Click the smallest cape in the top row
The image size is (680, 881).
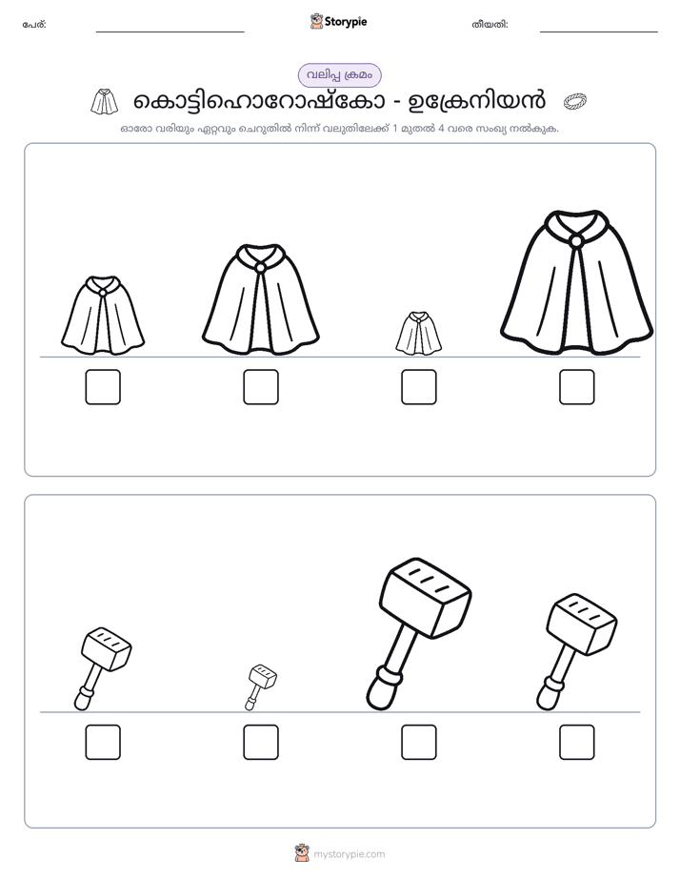pyautogui.click(x=418, y=333)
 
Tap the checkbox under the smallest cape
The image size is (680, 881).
pyautogui.click(x=418, y=387)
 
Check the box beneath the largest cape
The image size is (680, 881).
pyautogui.click(x=577, y=387)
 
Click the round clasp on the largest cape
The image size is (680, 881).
pyautogui.click(x=576, y=241)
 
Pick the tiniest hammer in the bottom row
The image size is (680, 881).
pyautogui.click(x=261, y=687)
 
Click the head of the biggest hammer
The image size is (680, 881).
pyautogui.click(x=426, y=590)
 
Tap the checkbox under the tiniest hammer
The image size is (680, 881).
pyautogui.click(x=261, y=742)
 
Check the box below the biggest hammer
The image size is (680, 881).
pyautogui.click(x=418, y=742)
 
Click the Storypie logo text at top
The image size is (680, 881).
pyautogui.click(x=346, y=22)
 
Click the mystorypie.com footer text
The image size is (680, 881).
pyautogui.click(x=349, y=854)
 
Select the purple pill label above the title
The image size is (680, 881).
pyautogui.click(x=339, y=75)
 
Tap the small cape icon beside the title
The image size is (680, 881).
pyautogui.click(x=105, y=101)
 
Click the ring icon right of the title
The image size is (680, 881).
pyautogui.click(x=575, y=101)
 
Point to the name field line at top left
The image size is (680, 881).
pyautogui.click(x=170, y=32)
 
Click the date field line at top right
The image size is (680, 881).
pyautogui.click(x=599, y=32)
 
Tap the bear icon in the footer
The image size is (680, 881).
pyautogui.click(x=302, y=853)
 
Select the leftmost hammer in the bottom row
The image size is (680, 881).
pyautogui.click(x=103, y=668)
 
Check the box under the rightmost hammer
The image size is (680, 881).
pyautogui.click(x=577, y=742)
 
